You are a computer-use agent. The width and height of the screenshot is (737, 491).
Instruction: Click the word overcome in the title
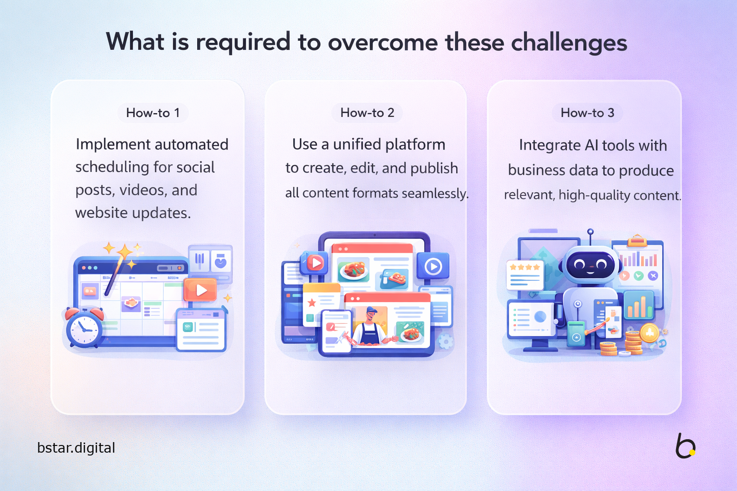(382, 42)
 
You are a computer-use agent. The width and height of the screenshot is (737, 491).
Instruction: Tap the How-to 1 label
(153, 113)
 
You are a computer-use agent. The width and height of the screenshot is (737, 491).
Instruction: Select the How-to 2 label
(367, 113)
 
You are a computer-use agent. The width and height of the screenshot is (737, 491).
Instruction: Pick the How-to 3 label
(587, 113)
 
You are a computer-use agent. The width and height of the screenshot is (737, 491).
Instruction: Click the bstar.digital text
(76, 448)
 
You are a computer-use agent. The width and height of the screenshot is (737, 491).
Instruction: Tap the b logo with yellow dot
(685, 446)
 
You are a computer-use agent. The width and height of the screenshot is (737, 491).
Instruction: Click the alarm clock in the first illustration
(84, 327)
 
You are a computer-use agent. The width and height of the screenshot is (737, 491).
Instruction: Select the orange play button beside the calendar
(200, 290)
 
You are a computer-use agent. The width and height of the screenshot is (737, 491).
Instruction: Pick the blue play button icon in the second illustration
(433, 266)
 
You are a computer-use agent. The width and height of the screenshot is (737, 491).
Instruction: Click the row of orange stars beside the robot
(524, 268)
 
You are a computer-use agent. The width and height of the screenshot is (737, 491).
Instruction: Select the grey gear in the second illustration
(445, 341)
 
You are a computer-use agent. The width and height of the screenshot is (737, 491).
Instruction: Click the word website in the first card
(101, 213)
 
